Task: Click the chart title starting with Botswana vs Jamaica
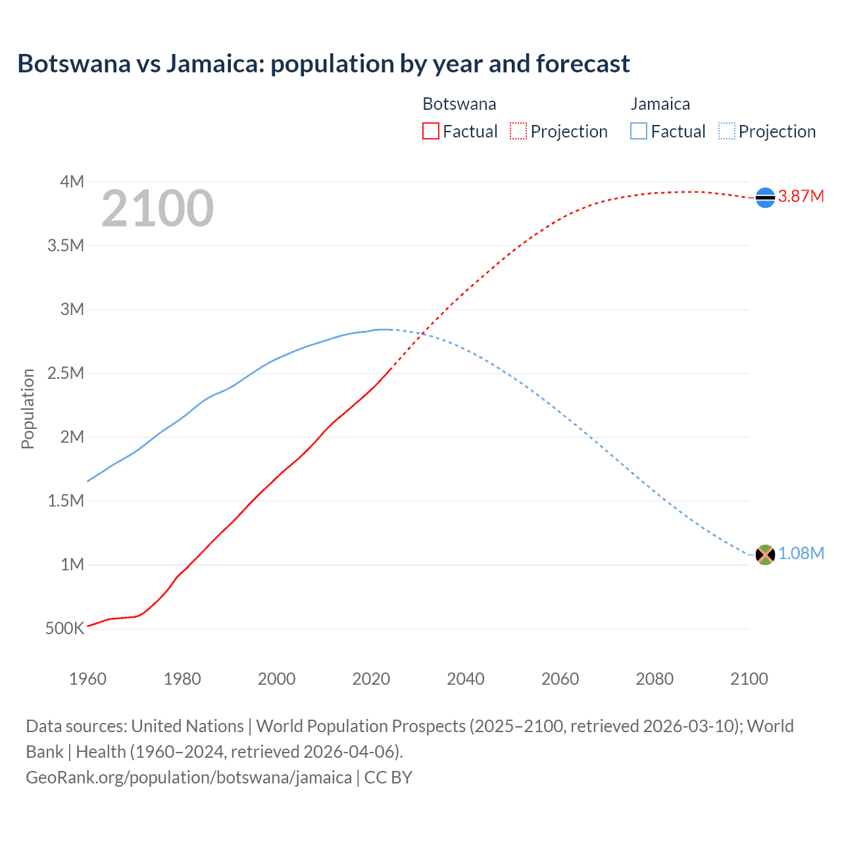[324, 64]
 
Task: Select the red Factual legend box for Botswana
[430, 131]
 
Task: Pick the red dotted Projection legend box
[518, 131]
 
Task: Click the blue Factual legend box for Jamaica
[639, 131]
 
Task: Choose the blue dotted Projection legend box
[726, 131]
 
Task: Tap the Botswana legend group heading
[459, 104]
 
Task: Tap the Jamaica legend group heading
[660, 104]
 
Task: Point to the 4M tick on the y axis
[72, 182]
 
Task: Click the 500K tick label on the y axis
[65, 628]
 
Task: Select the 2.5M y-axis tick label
[66, 373]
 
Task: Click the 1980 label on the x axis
[182, 679]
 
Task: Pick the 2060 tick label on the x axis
[560, 679]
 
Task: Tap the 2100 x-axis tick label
[749, 679]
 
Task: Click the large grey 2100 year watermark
[157, 209]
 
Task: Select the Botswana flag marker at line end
[765, 197]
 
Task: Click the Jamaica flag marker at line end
[765, 555]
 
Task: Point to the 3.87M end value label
[801, 196]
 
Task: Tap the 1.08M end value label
[801, 553]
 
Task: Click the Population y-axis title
[28, 409]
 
